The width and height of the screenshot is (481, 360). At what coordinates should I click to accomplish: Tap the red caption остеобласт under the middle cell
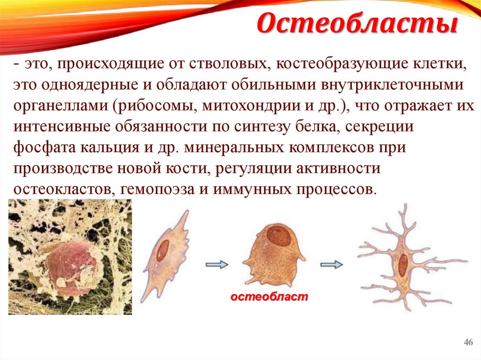[269, 297]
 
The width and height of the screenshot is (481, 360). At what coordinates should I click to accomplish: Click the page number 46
[468, 342]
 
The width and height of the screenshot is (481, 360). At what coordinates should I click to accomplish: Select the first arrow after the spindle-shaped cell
[217, 265]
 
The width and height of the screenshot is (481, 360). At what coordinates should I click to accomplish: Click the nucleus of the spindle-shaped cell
[163, 250]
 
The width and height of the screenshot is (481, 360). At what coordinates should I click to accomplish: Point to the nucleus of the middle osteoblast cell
[278, 237]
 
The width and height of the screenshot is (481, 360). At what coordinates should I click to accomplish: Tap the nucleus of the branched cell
[403, 266]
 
